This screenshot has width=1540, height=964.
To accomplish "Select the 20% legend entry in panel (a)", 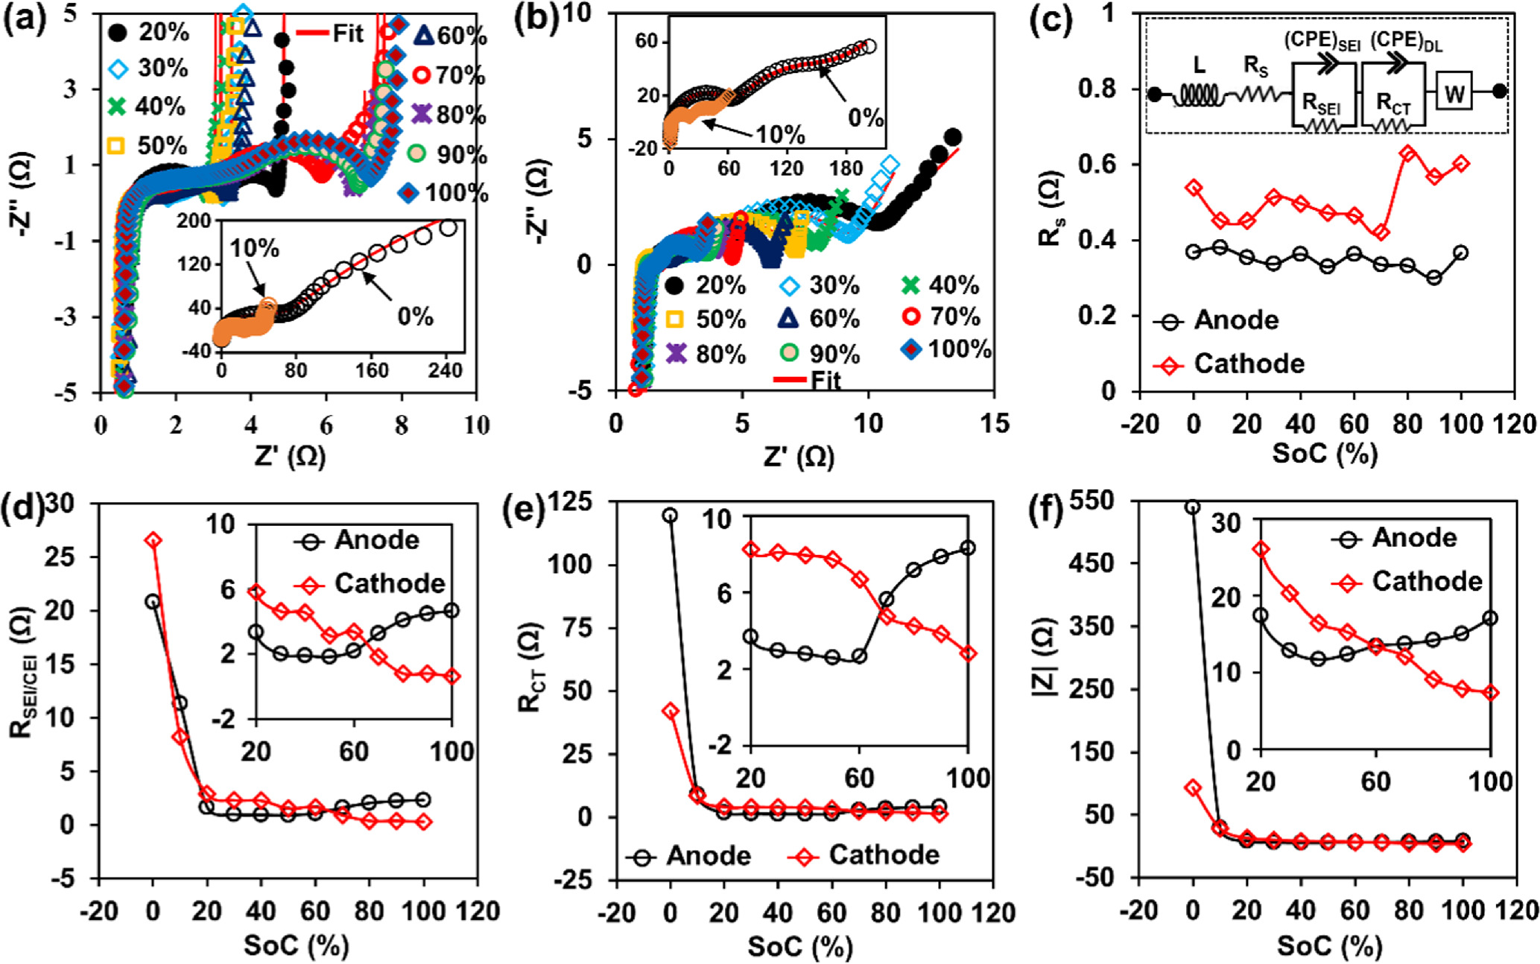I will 148,33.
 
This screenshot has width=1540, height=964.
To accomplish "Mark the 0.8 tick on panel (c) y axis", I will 1101,89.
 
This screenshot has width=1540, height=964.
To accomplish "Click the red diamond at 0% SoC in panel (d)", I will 153,540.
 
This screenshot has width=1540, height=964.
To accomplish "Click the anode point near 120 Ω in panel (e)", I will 671,515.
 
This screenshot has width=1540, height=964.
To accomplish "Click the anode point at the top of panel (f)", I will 1193,507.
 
